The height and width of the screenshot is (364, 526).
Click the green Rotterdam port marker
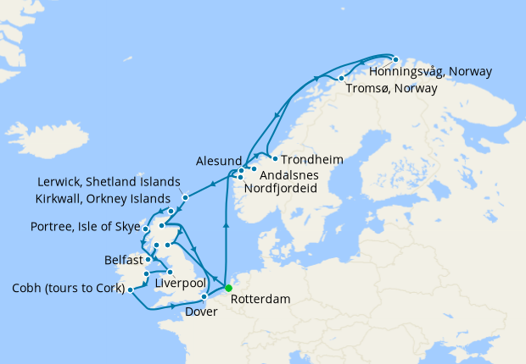coord(228,288)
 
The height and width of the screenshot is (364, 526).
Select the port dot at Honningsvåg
coord(395,59)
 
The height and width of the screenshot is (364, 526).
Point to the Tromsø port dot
coord(341,79)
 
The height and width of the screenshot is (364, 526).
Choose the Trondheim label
coord(311,159)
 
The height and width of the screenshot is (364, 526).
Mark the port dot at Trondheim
coord(275,158)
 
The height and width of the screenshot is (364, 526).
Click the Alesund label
coord(219,159)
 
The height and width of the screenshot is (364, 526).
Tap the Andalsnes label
coord(288,175)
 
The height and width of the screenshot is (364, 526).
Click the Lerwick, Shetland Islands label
coord(109,182)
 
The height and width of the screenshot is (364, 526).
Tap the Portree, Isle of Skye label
coord(84,227)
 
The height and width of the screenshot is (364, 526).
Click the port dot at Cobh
coord(130,290)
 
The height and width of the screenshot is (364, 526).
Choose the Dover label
coord(200,311)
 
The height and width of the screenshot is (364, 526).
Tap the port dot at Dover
coord(204,296)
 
